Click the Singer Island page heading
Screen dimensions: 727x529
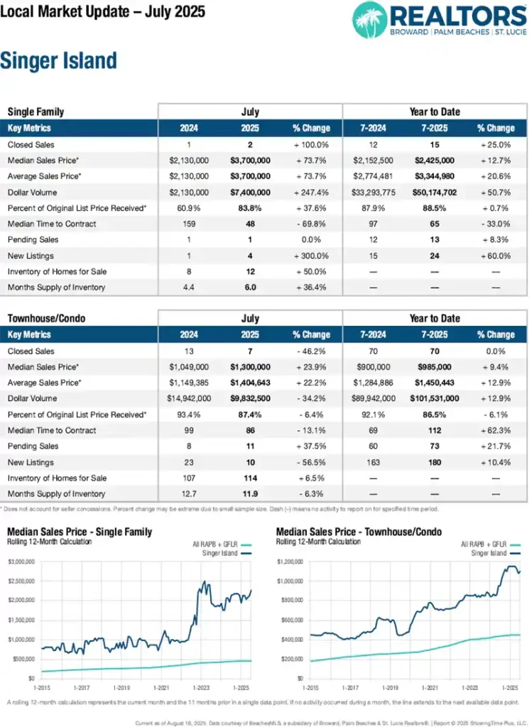58,61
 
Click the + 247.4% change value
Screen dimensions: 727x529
311,192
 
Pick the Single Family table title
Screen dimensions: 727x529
36,111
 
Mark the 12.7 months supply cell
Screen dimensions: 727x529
188,493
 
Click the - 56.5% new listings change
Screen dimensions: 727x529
311,461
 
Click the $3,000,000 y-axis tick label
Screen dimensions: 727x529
21,562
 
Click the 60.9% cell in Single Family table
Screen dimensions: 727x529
188,208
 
